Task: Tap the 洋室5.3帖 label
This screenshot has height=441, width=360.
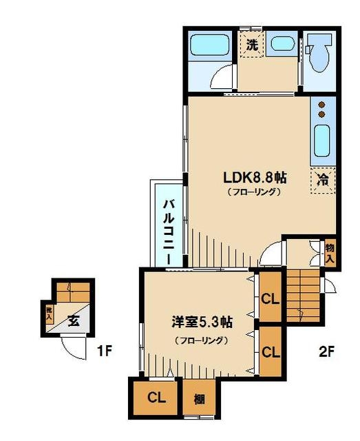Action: tap(202, 322)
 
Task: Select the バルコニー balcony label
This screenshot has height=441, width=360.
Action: tap(169, 232)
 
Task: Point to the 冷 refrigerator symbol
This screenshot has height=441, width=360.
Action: tap(323, 180)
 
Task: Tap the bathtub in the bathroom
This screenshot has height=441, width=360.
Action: tap(209, 45)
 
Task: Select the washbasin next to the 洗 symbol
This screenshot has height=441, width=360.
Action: tap(283, 44)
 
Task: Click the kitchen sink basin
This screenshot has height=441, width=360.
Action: tap(321, 141)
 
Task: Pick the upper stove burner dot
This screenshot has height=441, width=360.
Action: tap(321, 105)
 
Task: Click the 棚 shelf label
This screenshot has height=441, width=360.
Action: tap(199, 399)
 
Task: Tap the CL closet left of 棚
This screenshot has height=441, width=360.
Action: tap(156, 398)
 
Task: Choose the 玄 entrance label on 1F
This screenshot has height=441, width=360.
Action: tap(74, 321)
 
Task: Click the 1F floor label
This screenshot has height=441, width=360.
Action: tap(105, 351)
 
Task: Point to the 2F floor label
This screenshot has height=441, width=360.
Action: tap(326, 351)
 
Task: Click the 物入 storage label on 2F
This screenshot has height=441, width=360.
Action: tap(330, 254)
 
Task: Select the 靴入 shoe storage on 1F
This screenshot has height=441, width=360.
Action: tap(49, 314)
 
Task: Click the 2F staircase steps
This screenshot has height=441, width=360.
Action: tap(304, 296)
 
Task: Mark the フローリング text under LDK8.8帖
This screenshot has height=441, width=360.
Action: tap(254, 192)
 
